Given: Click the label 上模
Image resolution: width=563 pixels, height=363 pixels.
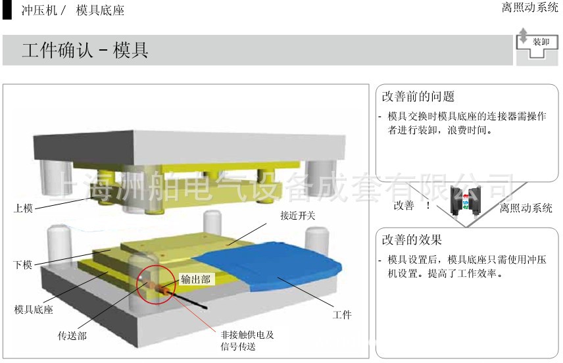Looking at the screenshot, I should (24, 209).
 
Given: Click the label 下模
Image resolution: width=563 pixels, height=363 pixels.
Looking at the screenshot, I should (24, 265).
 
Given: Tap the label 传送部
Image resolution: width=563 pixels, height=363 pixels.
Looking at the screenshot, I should (72, 336).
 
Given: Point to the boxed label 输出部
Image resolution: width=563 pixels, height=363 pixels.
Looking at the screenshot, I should (197, 279).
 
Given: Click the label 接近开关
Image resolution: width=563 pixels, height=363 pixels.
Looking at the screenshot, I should (297, 215).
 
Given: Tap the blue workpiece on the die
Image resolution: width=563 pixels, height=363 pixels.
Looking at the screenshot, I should (276, 263).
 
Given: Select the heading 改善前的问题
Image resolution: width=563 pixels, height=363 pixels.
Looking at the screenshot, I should (418, 97).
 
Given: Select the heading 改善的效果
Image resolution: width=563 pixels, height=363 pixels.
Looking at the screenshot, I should (412, 240).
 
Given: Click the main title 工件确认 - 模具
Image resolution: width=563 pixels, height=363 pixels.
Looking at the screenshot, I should (85, 51).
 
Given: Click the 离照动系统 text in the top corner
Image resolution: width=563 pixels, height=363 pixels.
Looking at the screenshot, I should (529, 8).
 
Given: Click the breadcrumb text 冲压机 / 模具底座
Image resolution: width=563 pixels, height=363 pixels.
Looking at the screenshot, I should (72, 11).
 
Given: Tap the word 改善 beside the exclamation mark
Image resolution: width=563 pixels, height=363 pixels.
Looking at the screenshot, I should (404, 206).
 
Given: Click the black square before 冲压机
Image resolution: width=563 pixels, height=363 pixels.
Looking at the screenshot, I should (7, 10).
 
